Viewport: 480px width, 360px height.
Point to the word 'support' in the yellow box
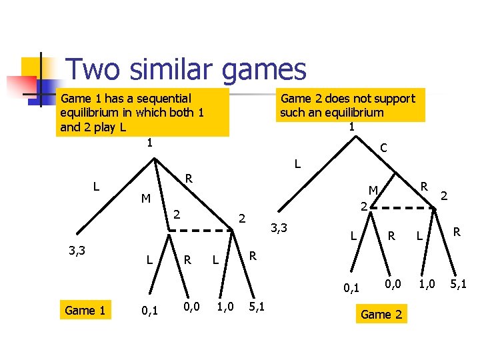point(393,99)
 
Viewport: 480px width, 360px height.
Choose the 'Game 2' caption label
point(381,315)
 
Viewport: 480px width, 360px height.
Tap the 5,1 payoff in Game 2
point(458,285)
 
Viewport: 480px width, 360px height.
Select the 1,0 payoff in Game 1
point(226,307)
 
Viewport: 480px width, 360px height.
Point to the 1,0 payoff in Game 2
point(427,285)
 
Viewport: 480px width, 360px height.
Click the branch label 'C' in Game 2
point(384,147)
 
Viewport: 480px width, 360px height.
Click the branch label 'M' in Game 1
point(145,199)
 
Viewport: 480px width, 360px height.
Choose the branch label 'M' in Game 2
point(374,191)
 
